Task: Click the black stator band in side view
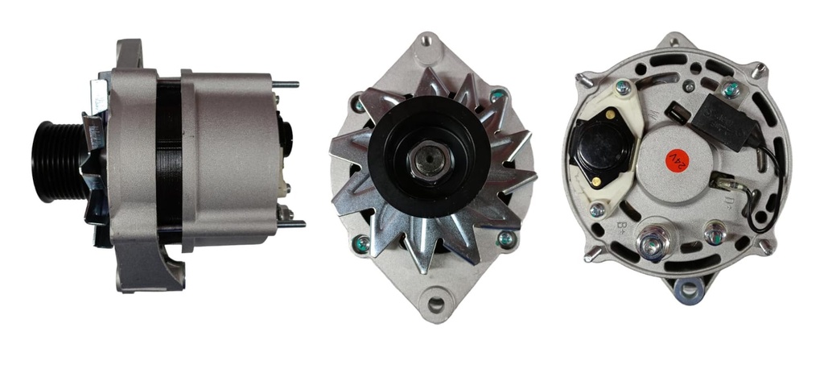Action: tap(168, 161)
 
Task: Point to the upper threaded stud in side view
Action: tap(285, 84)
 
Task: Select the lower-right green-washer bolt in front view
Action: tap(505, 238)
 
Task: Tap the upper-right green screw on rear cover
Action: tap(730, 89)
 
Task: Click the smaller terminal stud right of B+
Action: tap(713, 234)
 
